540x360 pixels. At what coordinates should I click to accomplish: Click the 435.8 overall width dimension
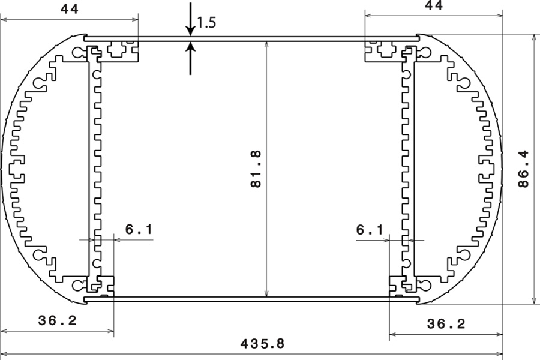262,344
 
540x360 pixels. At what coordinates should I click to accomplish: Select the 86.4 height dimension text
523,169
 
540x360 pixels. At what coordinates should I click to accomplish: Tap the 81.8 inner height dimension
256,169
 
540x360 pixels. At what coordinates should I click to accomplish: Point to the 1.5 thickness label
206,23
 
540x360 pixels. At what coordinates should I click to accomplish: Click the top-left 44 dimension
70,9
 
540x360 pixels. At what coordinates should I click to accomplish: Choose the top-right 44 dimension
434,5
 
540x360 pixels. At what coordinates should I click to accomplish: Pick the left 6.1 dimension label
139,229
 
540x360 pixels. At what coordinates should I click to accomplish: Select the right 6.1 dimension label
370,229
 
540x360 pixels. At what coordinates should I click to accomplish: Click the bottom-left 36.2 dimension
57,321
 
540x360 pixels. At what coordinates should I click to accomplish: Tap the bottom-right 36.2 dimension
446,324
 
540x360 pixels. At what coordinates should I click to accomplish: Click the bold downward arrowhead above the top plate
190,31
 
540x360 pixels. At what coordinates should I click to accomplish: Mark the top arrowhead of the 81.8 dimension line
266,46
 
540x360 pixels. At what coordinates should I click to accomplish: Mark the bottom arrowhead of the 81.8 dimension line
266,292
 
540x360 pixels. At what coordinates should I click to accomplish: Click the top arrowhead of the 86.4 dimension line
534,38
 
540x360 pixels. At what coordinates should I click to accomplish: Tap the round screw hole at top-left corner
77,52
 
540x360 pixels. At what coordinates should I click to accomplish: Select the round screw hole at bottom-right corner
425,285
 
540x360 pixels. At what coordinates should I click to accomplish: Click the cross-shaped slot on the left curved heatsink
16,169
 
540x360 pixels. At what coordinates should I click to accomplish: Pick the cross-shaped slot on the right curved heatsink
488,169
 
